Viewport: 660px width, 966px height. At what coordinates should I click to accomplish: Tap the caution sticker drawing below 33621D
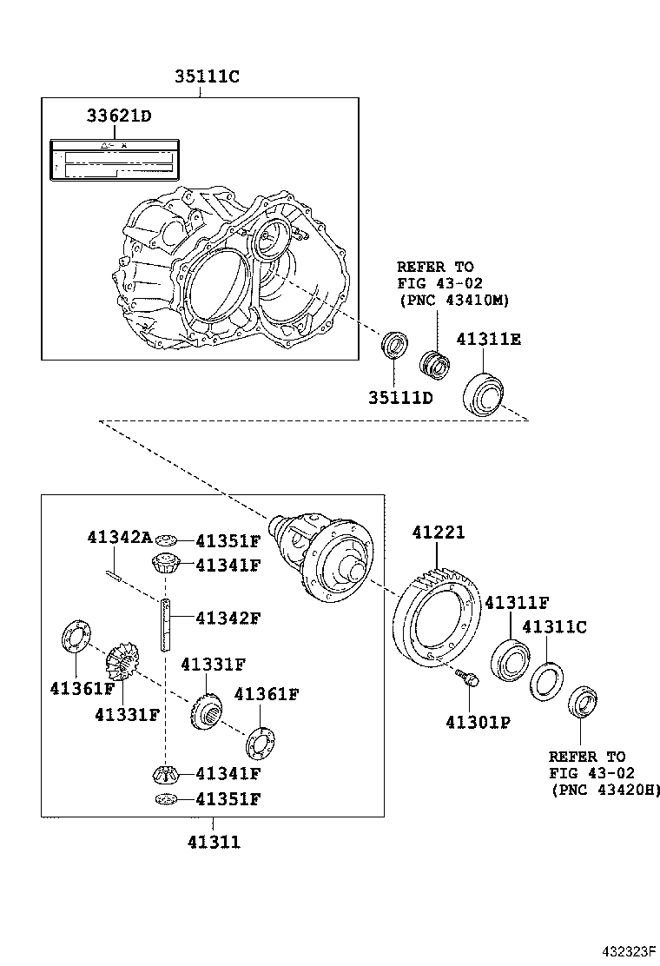113,159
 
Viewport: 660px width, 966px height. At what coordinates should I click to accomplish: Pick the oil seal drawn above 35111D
395,345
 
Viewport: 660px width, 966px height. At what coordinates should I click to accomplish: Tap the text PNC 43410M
453,301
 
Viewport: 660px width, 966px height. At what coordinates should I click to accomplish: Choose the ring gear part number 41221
438,533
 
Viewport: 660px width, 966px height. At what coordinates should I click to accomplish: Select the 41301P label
478,721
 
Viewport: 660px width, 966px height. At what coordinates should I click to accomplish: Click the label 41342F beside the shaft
228,619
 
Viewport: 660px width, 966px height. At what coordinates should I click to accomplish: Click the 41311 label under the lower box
213,841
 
